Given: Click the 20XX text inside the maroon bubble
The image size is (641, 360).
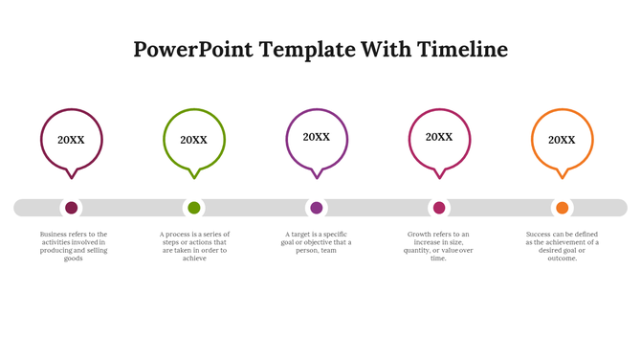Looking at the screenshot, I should tap(71, 140).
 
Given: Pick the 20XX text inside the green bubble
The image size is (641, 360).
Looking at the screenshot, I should tap(193, 140).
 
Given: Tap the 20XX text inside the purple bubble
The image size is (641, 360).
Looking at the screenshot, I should tap(317, 137).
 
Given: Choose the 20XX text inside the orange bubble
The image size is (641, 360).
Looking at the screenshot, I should tap(562, 140).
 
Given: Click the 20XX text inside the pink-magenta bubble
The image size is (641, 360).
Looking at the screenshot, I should tap(439, 137).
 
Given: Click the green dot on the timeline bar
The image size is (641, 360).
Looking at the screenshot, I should tap(194, 208).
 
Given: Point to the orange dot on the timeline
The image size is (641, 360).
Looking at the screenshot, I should tap(562, 208).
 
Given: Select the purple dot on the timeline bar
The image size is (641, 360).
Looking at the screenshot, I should tap(317, 208).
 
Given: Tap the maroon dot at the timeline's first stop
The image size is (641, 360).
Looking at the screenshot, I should tap(72, 208).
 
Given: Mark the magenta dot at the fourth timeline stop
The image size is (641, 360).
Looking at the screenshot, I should tap(439, 208).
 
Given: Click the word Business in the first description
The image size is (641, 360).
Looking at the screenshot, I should tap(55, 235).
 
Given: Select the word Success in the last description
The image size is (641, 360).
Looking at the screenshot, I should tap(542, 235).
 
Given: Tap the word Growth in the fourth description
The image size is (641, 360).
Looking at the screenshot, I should tap(420, 235).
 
